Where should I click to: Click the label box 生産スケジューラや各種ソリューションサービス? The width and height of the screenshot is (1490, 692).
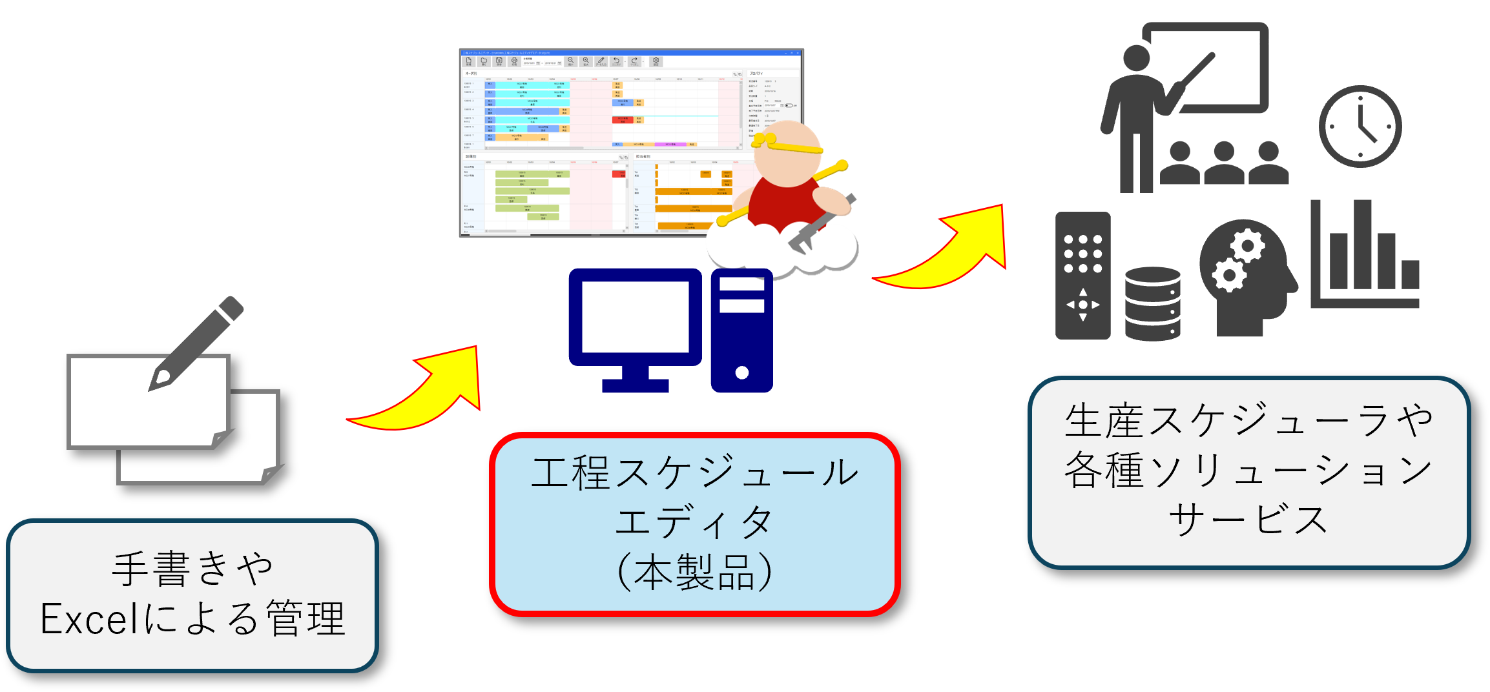[x=1248, y=471]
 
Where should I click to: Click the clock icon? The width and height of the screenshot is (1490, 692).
[x=1360, y=127]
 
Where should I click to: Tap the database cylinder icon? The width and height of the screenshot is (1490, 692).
[x=1152, y=303]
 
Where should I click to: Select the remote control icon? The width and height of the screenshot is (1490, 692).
[x=1082, y=275]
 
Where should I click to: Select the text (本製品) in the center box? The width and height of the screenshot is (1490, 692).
[x=694, y=572]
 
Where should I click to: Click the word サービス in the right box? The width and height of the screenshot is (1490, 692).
[x=1248, y=520]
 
